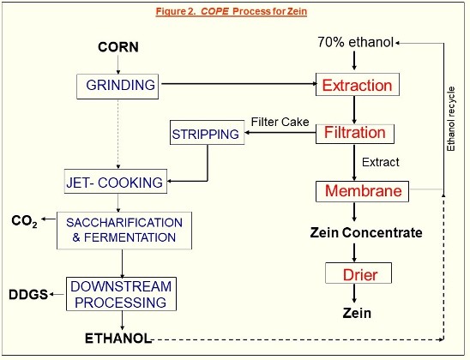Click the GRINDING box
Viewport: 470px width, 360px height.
(x=117, y=87)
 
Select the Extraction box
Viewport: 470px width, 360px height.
(x=358, y=85)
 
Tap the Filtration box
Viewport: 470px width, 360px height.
(x=355, y=134)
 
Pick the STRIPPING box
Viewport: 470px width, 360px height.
(x=207, y=132)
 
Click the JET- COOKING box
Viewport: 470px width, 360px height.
(x=116, y=181)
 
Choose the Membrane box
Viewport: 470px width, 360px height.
(x=362, y=191)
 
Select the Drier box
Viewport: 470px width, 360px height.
(x=359, y=273)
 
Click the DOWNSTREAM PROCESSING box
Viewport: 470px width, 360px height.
(x=121, y=294)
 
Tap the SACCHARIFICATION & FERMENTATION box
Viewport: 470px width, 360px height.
(x=124, y=231)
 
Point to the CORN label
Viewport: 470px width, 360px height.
(x=118, y=47)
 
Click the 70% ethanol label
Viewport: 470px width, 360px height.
(x=355, y=42)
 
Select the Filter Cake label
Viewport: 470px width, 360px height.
(x=280, y=122)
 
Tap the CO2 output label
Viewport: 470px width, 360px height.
(x=24, y=221)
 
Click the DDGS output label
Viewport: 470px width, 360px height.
(x=28, y=294)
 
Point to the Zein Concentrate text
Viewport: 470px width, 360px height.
(x=366, y=232)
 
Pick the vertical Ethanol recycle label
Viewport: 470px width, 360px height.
(x=451, y=119)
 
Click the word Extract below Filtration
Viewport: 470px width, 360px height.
(x=381, y=162)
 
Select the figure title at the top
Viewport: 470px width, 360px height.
(x=232, y=11)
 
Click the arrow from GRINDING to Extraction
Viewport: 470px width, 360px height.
(x=239, y=84)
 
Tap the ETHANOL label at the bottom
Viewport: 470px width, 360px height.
(x=118, y=339)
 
